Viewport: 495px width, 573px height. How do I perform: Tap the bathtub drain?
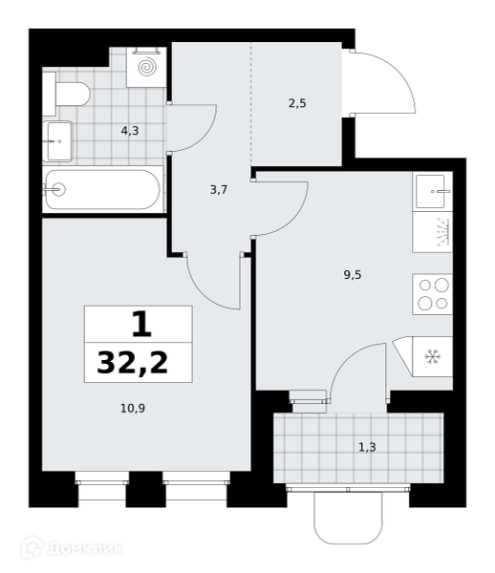pos(58,189)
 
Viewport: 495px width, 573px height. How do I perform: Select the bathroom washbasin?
pos(57,141)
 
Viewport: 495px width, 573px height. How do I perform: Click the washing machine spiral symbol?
pos(147,68)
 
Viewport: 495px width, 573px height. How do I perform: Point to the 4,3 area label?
pos(130,131)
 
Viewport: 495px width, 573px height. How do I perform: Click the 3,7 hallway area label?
pos(219,190)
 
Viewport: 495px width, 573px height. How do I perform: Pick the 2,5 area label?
pos(297,103)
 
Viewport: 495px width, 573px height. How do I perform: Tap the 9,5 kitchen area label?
pos(353,275)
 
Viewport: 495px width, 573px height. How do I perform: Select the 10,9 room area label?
pos(133,408)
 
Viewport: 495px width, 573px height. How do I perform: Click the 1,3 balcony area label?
pos(367,447)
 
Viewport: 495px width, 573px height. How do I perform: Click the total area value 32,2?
pos(133,363)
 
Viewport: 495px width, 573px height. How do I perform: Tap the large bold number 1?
pos(141,324)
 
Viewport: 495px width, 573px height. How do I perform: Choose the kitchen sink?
pos(433,192)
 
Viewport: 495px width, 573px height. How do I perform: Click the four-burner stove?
pos(433,294)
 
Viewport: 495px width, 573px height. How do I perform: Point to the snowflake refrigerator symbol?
pos(433,356)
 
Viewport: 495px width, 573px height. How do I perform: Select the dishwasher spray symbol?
pos(443,232)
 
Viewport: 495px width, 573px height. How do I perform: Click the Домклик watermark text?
pos(85,549)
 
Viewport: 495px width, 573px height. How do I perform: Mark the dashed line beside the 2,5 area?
pos(251,104)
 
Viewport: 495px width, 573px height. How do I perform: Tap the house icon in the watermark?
pos(32,546)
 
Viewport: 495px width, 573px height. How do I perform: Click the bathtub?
pos(103,189)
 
